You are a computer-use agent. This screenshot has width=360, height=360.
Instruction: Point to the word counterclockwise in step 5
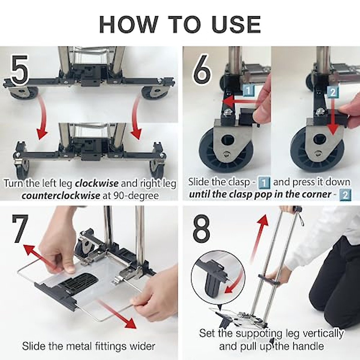pos(61,196)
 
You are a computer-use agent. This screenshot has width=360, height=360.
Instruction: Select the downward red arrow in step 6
pos(333,120)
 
